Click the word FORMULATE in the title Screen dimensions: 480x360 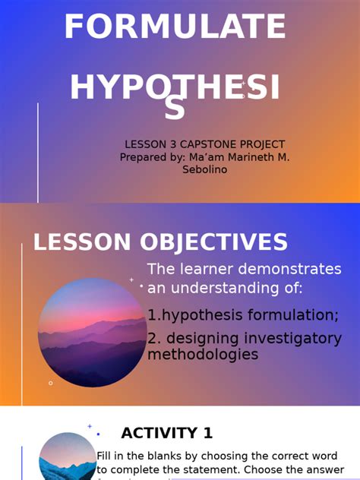175,28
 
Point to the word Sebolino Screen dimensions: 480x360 204,169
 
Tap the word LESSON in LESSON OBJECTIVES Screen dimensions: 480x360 81,243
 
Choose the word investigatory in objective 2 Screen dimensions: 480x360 292,339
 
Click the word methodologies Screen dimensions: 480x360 203,355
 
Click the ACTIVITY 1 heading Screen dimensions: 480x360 167,434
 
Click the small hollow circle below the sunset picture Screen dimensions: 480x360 51,383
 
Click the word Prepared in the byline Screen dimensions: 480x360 145,157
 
